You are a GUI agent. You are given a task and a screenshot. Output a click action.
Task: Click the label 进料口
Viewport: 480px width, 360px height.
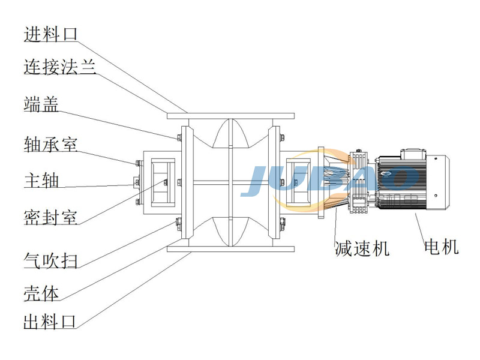tap(51, 34)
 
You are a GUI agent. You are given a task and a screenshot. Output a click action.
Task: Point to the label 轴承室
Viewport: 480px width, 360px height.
tap(50, 143)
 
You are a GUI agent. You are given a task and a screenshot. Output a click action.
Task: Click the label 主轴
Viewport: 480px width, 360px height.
tap(41, 179)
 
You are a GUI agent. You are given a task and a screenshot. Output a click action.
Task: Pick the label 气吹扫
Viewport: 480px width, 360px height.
tap(50, 260)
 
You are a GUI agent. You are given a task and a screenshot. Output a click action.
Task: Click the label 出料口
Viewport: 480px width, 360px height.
tap(50, 322)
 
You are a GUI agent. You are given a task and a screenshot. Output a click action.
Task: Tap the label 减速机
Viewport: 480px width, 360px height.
tap(362, 247)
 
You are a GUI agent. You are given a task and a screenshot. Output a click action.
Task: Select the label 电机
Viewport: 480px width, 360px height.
tap(441, 246)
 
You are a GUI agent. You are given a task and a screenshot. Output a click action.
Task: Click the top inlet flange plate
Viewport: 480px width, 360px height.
tap(230, 115)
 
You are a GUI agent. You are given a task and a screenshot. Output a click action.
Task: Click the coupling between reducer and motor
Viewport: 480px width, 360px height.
tap(360, 180)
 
